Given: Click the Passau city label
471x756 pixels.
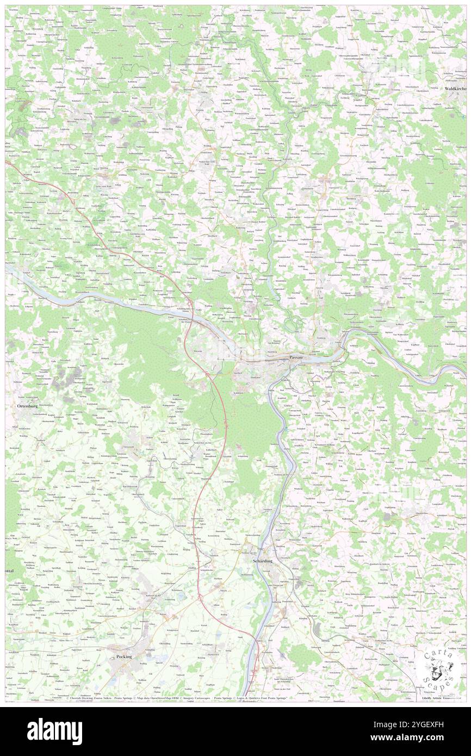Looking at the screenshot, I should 296,357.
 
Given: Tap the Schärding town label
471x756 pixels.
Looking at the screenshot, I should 262,560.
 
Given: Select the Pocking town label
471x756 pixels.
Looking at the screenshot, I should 124,656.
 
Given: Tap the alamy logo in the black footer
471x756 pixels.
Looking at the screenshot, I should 54,732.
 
